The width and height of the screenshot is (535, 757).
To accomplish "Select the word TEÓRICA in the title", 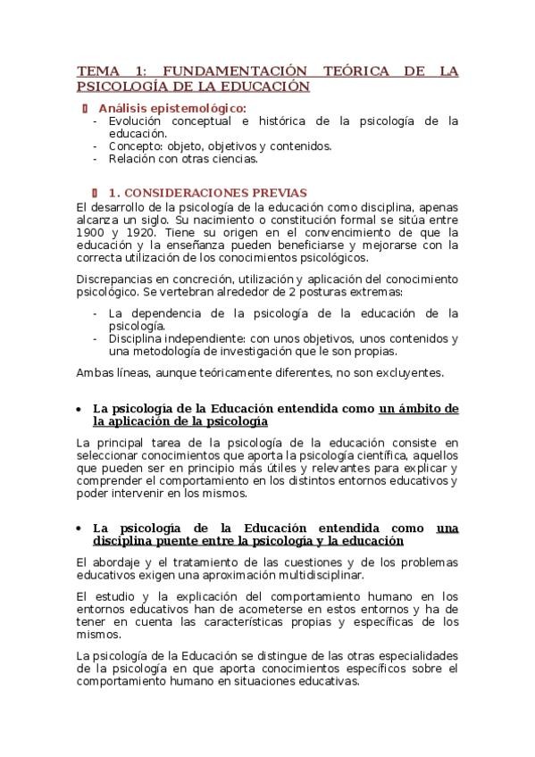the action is [358, 71].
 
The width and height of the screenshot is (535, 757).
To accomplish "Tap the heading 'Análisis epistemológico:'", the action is [171, 108].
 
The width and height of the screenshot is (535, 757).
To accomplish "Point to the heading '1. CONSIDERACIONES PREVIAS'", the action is [207, 192].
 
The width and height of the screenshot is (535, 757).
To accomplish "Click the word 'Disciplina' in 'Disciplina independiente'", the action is [138, 338].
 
